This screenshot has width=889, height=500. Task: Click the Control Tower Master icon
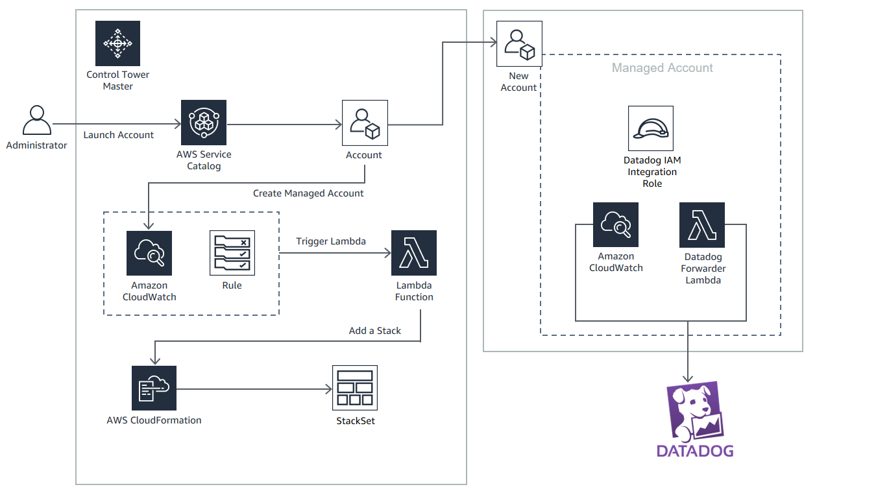pyautogui.click(x=117, y=43)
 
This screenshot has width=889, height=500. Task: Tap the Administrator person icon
pyautogui.click(x=37, y=120)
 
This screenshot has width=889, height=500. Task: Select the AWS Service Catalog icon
pyautogui.click(x=204, y=123)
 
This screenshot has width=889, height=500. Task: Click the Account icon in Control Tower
pyautogui.click(x=365, y=123)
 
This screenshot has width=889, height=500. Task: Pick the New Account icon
pyautogui.click(x=519, y=43)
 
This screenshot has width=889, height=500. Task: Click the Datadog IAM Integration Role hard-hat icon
pyautogui.click(x=650, y=128)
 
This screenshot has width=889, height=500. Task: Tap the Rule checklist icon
pyautogui.click(x=232, y=253)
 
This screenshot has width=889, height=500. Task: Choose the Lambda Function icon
pyautogui.click(x=414, y=253)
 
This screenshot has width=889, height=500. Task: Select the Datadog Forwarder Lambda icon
pyautogui.click(x=702, y=225)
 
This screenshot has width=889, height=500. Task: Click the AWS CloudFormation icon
pyautogui.click(x=154, y=388)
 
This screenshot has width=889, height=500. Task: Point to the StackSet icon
pyautogui.click(x=355, y=388)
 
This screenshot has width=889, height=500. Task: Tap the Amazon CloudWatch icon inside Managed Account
pyautogui.click(x=616, y=225)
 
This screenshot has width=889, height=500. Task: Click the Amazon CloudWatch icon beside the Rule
pyautogui.click(x=149, y=253)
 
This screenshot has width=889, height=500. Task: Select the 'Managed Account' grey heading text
pyautogui.click(x=662, y=68)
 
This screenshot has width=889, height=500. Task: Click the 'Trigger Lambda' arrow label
pyautogui.click(x=330, y=241)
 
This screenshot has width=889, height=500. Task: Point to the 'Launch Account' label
pyautogui.click(x=118, y=135)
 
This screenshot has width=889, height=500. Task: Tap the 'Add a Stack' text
pyautogui.click(x=374, y=331)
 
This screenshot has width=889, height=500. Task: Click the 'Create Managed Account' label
pyautogui.click(x=308, y=193)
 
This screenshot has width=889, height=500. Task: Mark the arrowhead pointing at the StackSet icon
pyautogui.click(x=328, y=389)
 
